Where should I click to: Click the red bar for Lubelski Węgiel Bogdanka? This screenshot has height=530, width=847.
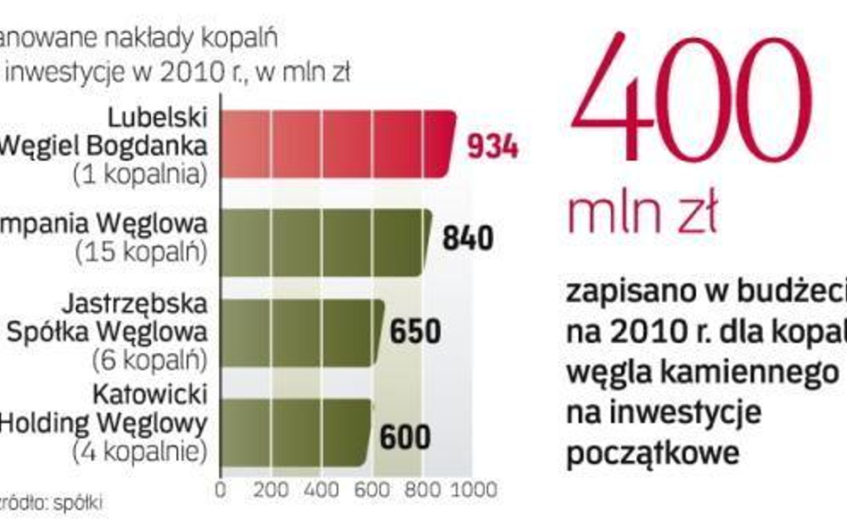(338, 145)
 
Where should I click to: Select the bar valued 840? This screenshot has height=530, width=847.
(325, 242)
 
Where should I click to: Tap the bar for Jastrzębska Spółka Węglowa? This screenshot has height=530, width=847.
(302, 331)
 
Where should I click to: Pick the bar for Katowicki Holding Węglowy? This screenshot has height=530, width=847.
(295, 433)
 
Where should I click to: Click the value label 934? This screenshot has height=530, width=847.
(492, 147)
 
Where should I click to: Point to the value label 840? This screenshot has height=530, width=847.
(467, 239)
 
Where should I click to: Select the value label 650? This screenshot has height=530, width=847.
(415, 332)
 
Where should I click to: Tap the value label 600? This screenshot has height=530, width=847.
(405, 438)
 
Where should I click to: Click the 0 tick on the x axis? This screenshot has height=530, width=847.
(221, 490)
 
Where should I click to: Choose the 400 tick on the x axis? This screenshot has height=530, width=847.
(320, 490)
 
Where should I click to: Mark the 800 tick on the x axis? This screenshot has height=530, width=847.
(422, 490)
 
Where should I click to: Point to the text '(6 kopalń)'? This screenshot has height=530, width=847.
(148, 359)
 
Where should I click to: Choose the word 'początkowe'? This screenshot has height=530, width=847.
(652, 452)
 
